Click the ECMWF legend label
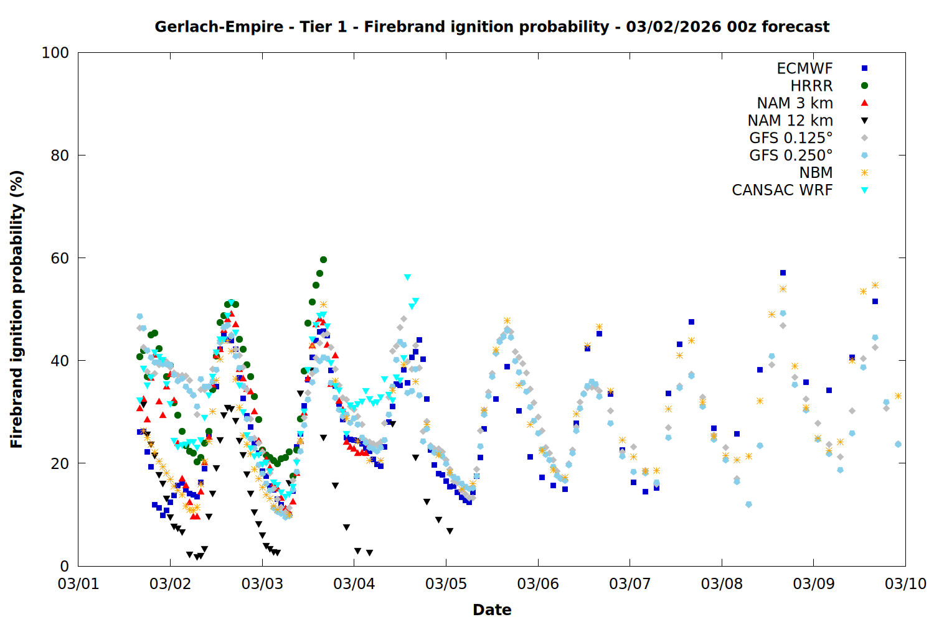pyautogui.click(x=804, y=68)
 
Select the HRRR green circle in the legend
pyautogui.click(x=864, y=86)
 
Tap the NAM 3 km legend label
pyautogui.click(x=795, y=103)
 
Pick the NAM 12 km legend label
pyautogui.click(x=790, y=121)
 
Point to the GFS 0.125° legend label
pyautogui.click(x=791, y=138)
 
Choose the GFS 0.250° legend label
pyautogui.click(x=791, y=155)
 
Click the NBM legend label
pyautogui.click(x=816, y=173)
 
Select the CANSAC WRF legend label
pyautogui.click(x=782, y=190)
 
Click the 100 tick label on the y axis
pyautogui.click(x=55, y=53)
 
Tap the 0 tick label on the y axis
pyautogui.click(x=64, y=566)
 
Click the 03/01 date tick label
pyautogui.click(x=78, y=584)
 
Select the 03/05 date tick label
pyautogui.click(x=446, y=584)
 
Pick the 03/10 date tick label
pyautogui.click(x=905, y=584)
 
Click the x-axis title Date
pyautogui.click(x=492, y=610)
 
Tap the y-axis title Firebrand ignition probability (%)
pyautogui.click(x=16, y=309)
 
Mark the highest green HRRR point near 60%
pyautogui.click(x=323, y=259)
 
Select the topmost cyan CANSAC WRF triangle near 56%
pyautogui.click(x=407, y=277)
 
